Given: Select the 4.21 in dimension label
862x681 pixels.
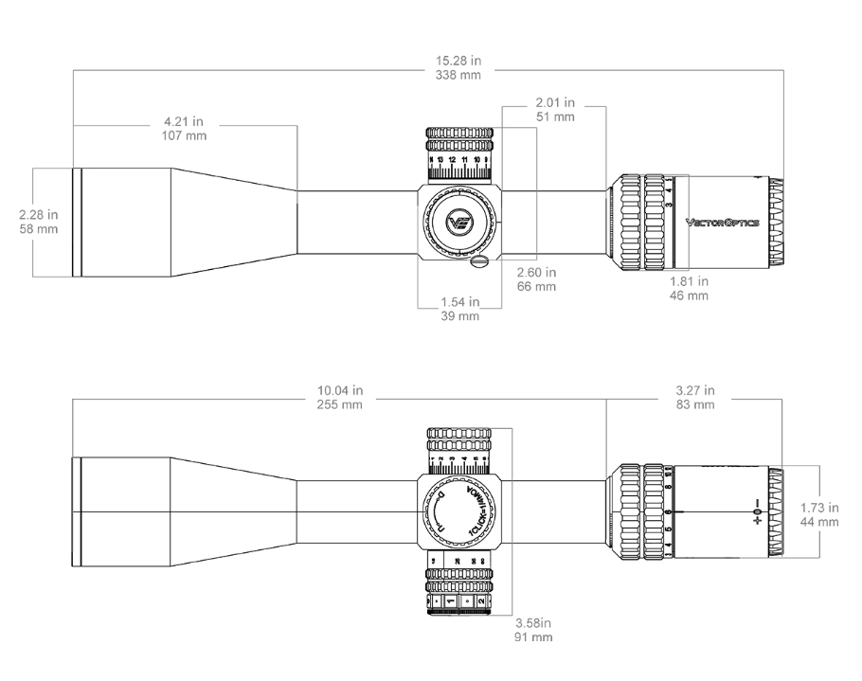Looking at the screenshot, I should (x=185, y=122).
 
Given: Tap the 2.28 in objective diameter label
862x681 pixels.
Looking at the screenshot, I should (x=39, y=215).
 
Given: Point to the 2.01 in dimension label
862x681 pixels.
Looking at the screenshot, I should (x=555, y=102).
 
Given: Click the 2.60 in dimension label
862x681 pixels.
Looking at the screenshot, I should (x=536, y=272).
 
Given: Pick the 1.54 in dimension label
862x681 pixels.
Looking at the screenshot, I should (x=460, y=302).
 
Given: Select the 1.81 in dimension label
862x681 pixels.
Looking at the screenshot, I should (x=689, y=281).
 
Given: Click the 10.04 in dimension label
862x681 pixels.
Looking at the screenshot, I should (x=340, y=391).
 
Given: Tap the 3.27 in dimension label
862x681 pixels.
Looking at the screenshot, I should (x=695, y=391).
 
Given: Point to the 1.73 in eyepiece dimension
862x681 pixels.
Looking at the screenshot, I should (x=818, y=508).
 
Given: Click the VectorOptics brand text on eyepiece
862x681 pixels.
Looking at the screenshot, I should (x=722, y=223).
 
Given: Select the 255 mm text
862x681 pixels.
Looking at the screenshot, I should (x=340, y=404).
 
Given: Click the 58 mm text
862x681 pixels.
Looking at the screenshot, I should (x=39, y=229).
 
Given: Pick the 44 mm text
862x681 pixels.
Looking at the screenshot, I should (x=818, y=522).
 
